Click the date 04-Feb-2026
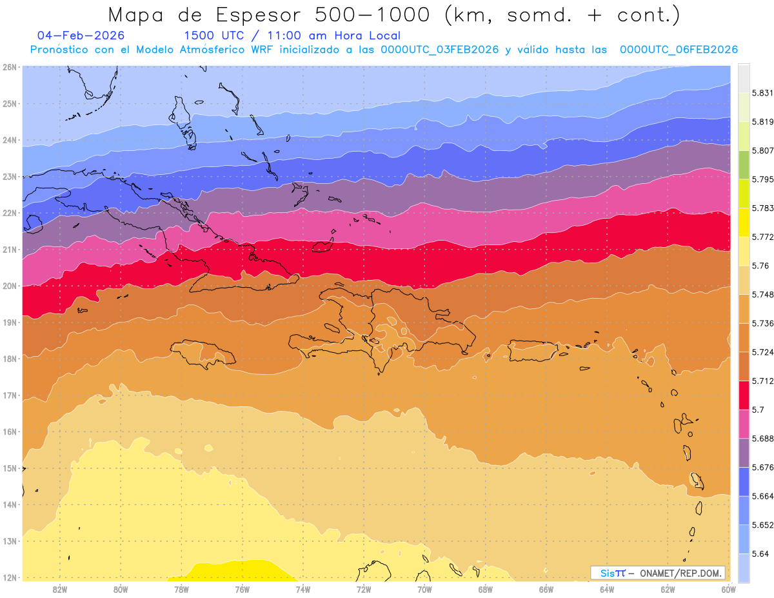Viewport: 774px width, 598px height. coord(81,36)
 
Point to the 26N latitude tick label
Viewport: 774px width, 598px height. coord(10,67)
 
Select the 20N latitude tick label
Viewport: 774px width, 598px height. coord(10,286)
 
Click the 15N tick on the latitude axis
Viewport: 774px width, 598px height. coord(10,468)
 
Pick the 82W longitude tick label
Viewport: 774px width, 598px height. coord(60,588)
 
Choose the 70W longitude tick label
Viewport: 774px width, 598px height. coord(424,588)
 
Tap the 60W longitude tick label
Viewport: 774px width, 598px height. coord(729,588)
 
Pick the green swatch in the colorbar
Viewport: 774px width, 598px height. coord(744,165)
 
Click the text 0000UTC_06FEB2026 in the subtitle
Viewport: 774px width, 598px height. coord(679,50)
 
